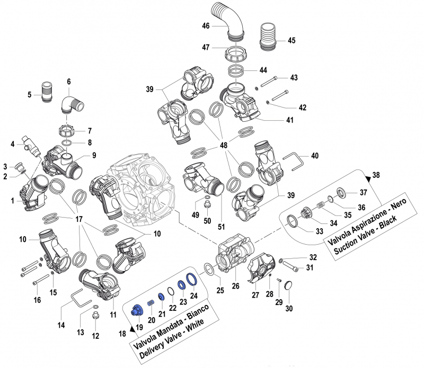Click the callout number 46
(206, 25)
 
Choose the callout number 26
(236, 286)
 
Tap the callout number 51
(222, 227)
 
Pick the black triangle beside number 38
(369, 175)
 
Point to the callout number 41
(289, 120)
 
